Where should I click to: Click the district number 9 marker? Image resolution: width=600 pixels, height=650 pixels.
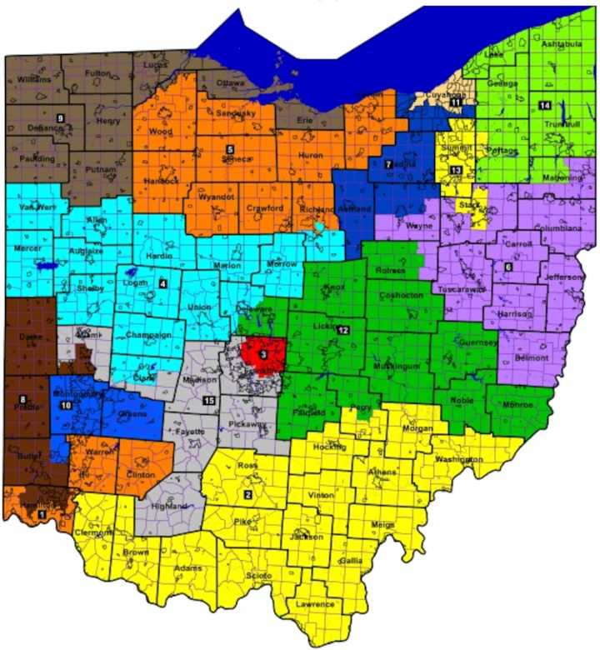coord(60,118)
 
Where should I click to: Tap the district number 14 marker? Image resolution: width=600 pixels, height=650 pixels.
coord(544,105)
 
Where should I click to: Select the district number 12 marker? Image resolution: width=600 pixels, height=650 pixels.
coord(342,331)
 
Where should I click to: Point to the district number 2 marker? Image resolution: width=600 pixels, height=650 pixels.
coord(247,495)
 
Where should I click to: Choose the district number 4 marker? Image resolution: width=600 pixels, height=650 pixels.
coord(163,284)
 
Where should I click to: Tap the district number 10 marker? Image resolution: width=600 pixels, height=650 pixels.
coord(65,405)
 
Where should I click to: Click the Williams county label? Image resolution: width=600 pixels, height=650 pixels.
coord(31,79)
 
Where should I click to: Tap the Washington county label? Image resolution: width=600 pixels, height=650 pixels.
coord(457,459)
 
